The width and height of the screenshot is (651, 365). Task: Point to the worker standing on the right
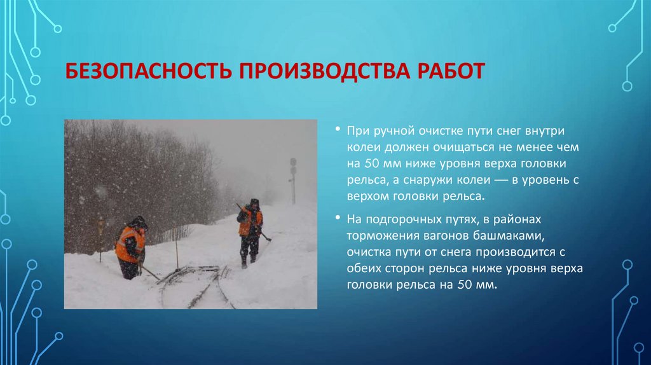click(x=250, y=232)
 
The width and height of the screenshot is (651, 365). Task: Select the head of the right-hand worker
click(x=254, y=204)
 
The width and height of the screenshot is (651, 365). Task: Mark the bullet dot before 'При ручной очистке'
click(x=338, y=130)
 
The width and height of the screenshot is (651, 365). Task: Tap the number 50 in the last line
click(x=464, y=286)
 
